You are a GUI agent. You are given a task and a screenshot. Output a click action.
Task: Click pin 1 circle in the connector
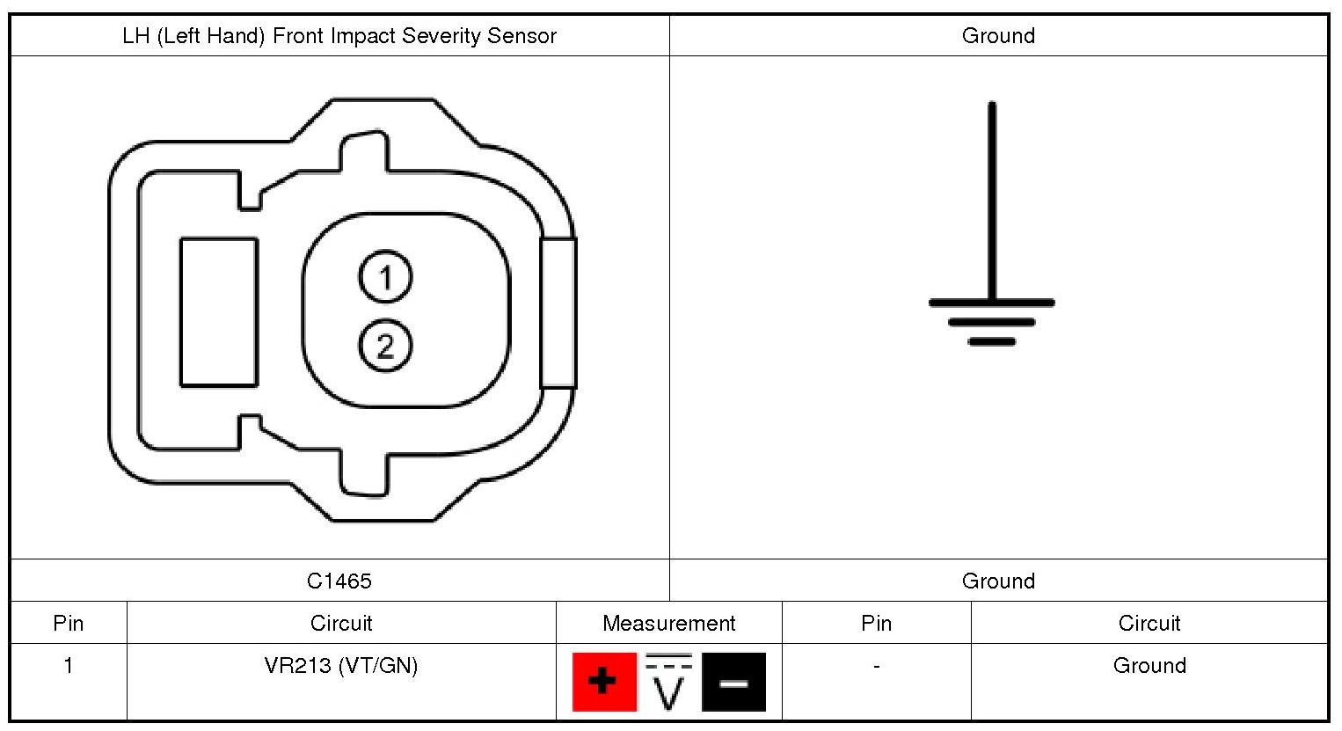tap(385, 277)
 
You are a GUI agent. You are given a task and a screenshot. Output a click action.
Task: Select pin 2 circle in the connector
tap(385, 346)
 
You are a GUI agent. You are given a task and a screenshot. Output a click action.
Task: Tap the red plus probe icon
tap(604, 682)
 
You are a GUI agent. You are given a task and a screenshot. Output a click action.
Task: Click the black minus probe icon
tap(733, 682)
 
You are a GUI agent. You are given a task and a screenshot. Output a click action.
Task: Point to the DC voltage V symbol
tap(668, 682)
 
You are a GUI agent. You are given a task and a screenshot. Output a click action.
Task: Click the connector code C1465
tap(339, 581)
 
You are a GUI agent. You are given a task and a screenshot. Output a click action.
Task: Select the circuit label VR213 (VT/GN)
tap(341, 666)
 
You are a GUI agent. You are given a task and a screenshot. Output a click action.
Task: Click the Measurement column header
tap(668, 623)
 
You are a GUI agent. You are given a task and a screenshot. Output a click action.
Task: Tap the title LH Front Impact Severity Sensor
tap(339, 36)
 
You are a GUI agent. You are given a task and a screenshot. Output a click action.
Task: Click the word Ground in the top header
tap(998, 36)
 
